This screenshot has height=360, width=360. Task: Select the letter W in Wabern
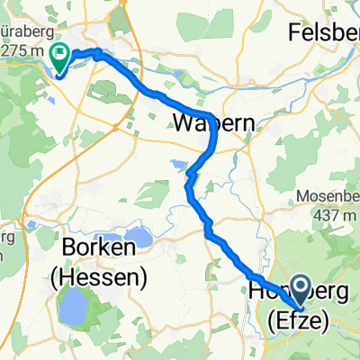click(x=183, y=121)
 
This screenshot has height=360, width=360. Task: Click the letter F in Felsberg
click(x=294, y=32)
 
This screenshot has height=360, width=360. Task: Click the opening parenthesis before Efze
click(x=273, y=319)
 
